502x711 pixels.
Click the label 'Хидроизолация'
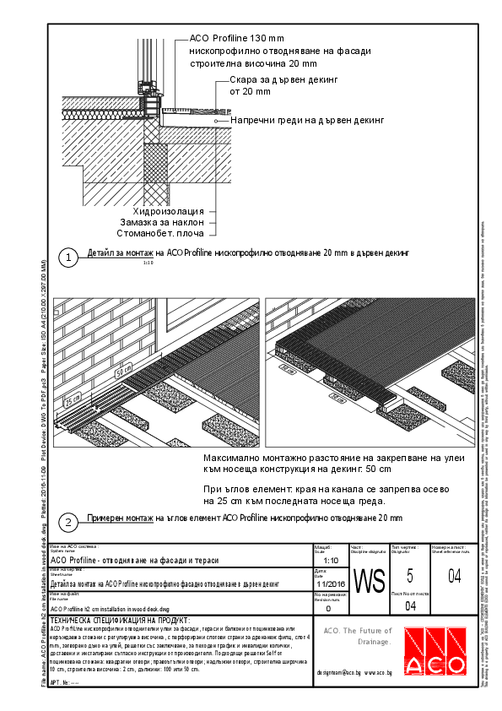pos(169,210)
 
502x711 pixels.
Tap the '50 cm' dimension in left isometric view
pos(123,370)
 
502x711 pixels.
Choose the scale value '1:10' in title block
pos(332,559)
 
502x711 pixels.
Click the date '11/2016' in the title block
pos(331,583)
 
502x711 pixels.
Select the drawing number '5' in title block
pos(410,577)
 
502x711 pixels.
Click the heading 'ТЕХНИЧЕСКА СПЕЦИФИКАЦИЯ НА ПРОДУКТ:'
pos(120,620)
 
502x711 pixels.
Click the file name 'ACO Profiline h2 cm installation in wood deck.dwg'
pos(110,607)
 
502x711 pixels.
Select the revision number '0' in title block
pos(328,607)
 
